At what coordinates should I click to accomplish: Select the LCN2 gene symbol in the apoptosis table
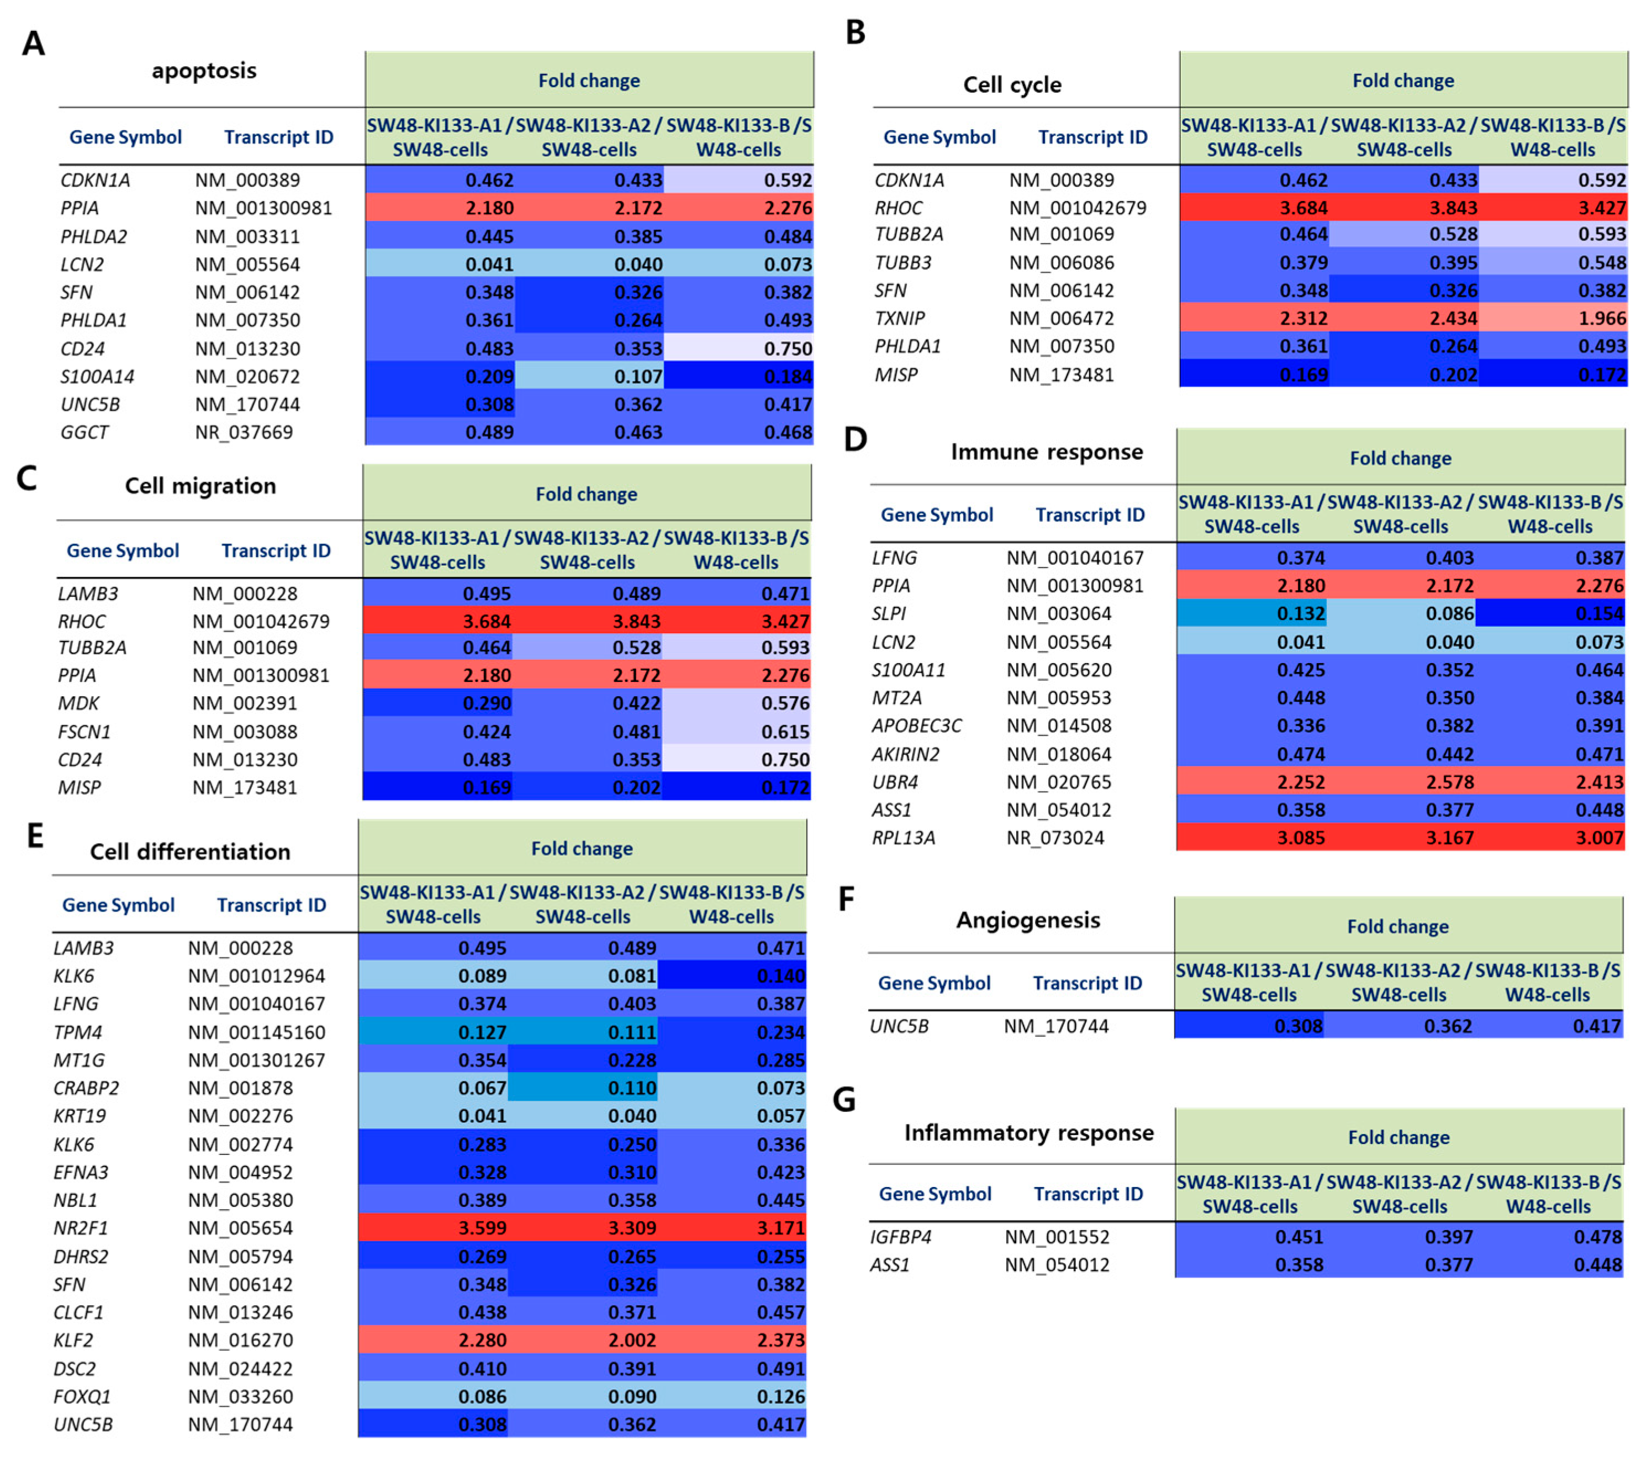81,264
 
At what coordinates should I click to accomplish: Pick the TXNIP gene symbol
900,318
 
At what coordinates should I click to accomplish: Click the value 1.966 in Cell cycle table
1601,318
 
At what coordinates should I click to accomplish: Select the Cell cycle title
1012,84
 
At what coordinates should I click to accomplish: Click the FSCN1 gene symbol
84,732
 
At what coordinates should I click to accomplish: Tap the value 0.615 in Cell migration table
785,732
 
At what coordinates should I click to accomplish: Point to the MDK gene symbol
78,703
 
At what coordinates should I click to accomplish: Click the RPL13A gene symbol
903,838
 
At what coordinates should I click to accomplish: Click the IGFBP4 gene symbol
900,1236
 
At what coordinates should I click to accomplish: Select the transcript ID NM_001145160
256,1032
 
